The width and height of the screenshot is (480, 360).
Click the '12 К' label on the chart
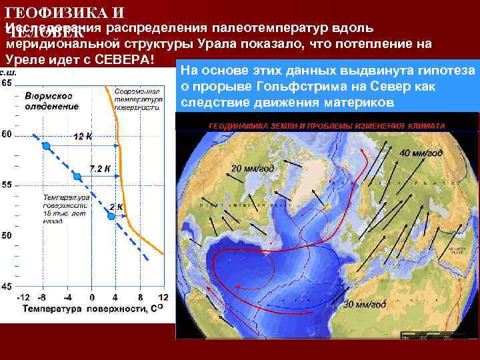point(83,137)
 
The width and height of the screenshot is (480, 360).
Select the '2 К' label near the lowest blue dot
point(116,207)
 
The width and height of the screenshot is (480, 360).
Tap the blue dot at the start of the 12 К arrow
point(46,146)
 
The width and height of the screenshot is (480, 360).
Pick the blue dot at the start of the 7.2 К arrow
point(77,177)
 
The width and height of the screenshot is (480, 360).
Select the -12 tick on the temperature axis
point(23,297)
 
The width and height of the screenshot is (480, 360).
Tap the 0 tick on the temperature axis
point(92,297)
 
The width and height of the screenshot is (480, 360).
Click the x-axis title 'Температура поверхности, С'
point(93,309)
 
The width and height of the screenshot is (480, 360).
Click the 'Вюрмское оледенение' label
point(51,101)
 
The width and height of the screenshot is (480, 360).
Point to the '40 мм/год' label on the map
point(421,153)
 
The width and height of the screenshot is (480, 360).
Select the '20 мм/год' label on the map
point(253,168)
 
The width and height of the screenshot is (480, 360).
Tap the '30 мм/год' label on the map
point(364,305)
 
